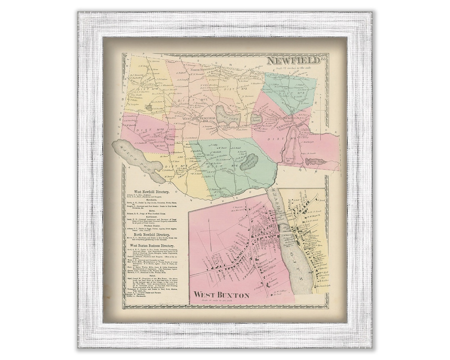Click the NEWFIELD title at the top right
pyautogui.click(x=293, y=61)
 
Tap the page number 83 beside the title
pyautogui.click(x=324, y=60)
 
